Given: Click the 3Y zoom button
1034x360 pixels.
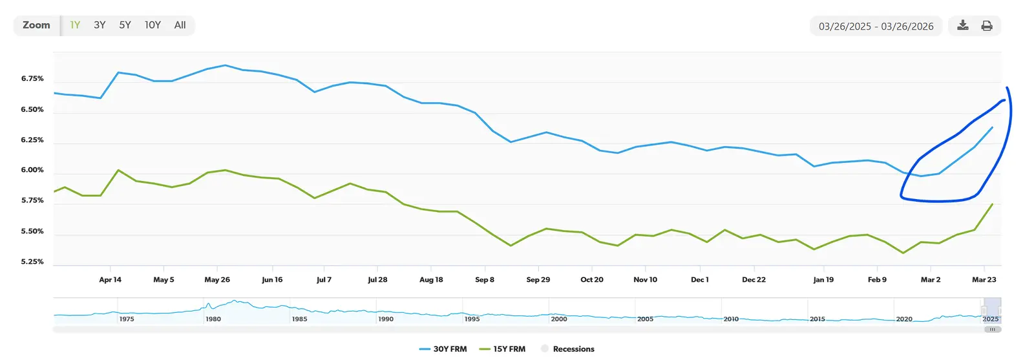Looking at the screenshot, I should tap(100, 25).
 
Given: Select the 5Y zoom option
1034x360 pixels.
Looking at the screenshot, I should tap(125, 25).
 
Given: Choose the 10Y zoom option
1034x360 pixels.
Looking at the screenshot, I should tap(153, 25).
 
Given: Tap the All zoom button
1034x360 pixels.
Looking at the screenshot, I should tap(180, 25).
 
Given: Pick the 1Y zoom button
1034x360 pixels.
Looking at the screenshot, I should tap(75, 25).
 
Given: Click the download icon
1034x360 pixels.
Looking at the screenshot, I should tap(962, 26).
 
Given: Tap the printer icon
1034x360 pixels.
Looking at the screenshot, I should tap(987, 26).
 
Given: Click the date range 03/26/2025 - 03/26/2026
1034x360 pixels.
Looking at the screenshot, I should tap(876, 26).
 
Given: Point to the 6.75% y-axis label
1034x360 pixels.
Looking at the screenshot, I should tap(32, 79).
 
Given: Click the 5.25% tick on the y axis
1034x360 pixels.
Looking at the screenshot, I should tap(32, 262).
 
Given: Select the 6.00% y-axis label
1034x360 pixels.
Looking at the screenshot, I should tap(32, 170).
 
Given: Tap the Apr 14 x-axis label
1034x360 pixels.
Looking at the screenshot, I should tap(110, 280).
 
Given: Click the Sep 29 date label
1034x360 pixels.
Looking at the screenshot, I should tap(538, 280).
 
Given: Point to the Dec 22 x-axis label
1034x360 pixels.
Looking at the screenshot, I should tap(754, 280).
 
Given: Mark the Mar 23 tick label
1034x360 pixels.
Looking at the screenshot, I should tap(984, 280).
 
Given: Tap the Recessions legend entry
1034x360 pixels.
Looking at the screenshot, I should tap(568, 349).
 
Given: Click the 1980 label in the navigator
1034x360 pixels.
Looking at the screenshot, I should tap(213, 319).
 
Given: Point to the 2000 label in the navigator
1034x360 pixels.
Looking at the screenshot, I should tap(559, 319).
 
